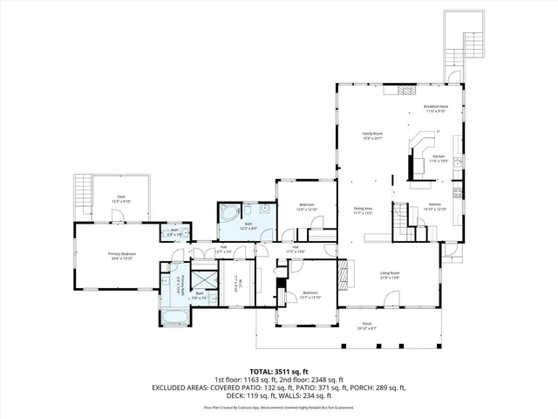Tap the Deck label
121,199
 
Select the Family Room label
372,135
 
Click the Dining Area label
364,209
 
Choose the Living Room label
390,275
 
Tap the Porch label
366,326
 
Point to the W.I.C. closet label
237,281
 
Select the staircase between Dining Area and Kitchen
404,223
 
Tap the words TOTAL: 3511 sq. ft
279,370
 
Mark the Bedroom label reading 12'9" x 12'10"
305,208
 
